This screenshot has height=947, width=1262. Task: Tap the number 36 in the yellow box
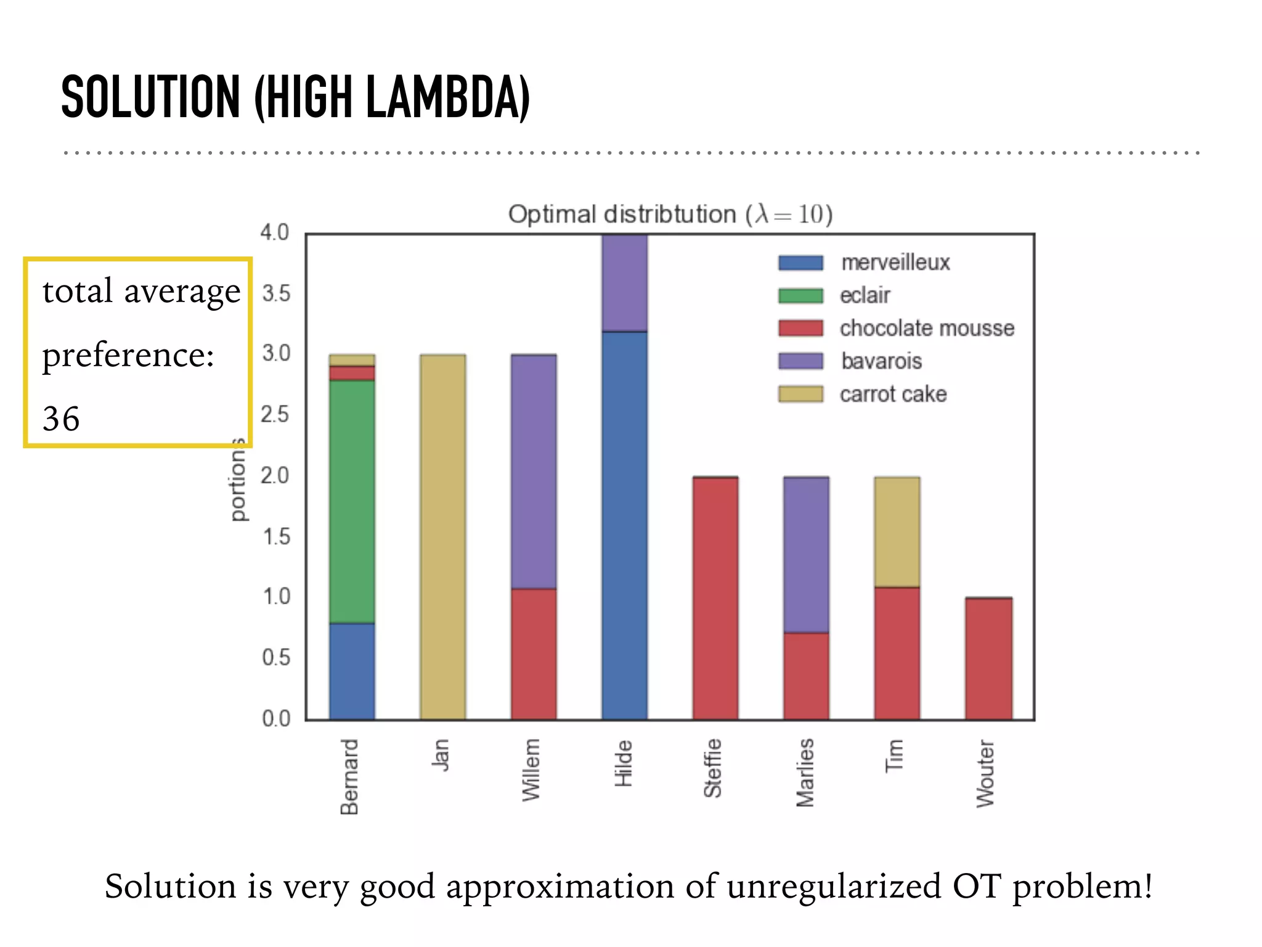(61, 419)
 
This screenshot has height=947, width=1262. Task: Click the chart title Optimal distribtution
(622, 215)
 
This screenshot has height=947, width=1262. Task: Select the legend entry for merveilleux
(895, 263)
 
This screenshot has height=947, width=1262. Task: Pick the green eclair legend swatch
(800, 296)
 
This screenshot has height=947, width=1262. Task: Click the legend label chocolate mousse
(926, 329)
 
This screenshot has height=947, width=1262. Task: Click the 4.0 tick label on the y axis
(275, 233)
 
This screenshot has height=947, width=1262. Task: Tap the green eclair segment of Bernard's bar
(352, 501)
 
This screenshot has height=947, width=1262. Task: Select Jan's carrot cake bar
(442, 536)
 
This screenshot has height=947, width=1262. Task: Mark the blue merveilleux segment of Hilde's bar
(624, 524)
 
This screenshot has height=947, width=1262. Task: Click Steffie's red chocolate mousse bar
(715, 598)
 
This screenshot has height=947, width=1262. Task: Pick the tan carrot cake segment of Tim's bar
(897, 531)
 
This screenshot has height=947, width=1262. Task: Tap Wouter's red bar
(988, 658)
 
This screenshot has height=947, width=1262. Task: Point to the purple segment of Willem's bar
(534, 472)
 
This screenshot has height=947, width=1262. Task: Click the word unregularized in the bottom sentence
(833, 887)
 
